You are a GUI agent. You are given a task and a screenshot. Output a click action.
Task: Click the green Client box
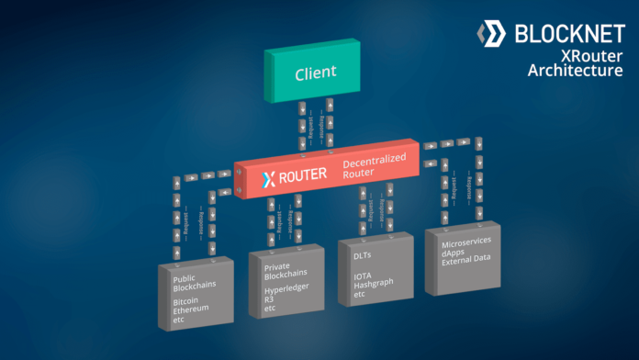pos(315,71)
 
